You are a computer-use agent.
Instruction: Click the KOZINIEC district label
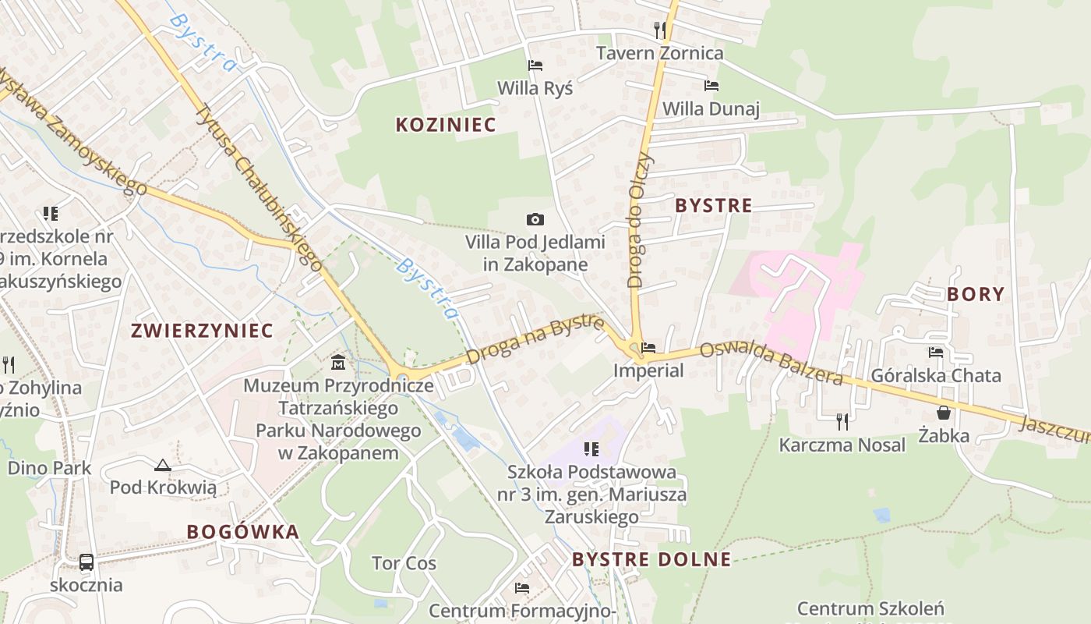tap(446, 125)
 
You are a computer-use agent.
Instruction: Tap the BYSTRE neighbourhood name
tap(714, 206)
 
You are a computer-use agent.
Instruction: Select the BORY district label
tap(976, 295)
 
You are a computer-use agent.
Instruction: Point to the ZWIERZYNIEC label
tap(203, 331)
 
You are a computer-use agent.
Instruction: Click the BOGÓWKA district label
tap(243, 532)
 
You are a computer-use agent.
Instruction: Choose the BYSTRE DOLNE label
tap(651, 559)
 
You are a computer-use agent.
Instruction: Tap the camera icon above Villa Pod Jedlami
tap(535, 220)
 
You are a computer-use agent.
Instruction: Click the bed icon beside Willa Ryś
tap(535, 66)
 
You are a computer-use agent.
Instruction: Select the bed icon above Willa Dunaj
tap(711, 86)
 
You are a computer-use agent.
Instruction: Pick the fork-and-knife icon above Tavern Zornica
tap(660, 30)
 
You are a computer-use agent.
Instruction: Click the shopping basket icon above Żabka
tap(944, 413)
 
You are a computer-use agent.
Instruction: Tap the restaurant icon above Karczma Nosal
tap(842, 422)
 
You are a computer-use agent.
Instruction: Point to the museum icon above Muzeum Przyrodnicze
tap(338, 363)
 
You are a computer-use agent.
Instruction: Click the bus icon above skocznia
tap(87, 562)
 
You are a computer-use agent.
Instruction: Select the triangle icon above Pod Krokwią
tap(162, 466)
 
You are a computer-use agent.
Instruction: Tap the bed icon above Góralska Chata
tap(936, 353)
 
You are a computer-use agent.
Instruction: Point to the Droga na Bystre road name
tap(536, 339)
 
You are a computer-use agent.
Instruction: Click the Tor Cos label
tap(404, 563)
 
